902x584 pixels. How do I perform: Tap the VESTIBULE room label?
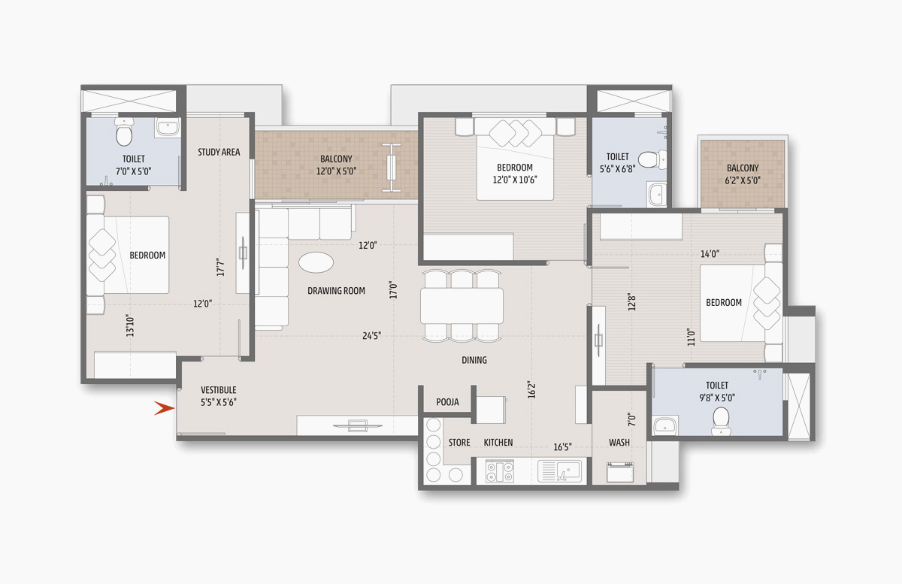pos(219,390)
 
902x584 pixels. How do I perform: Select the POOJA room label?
pos(447,402)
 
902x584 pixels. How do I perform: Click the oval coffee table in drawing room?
pos(316,262)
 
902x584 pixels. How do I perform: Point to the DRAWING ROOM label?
pos(336,291)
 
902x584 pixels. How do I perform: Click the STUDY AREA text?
pos(219,153)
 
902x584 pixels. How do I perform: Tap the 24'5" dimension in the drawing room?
pos(371,335)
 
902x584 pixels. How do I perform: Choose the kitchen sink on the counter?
pos(560,471)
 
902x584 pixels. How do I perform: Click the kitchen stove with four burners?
pos(500,471)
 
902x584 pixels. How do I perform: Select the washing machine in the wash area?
pos(620,473)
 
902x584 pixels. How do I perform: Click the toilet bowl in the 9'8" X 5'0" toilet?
pos(721,421)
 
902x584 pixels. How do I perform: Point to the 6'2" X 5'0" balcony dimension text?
pos(743,180)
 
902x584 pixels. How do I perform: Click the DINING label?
pos(474,360)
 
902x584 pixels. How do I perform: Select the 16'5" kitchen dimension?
pos(562,447)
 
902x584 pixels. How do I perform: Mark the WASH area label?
pos(619,442)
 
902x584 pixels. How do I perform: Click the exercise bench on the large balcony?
pos(392,167)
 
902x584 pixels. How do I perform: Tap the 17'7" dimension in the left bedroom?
pos(220,267)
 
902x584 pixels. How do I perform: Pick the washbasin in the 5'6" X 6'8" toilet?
pos(657,195)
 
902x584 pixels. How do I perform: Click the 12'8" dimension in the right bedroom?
pos(632,301)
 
